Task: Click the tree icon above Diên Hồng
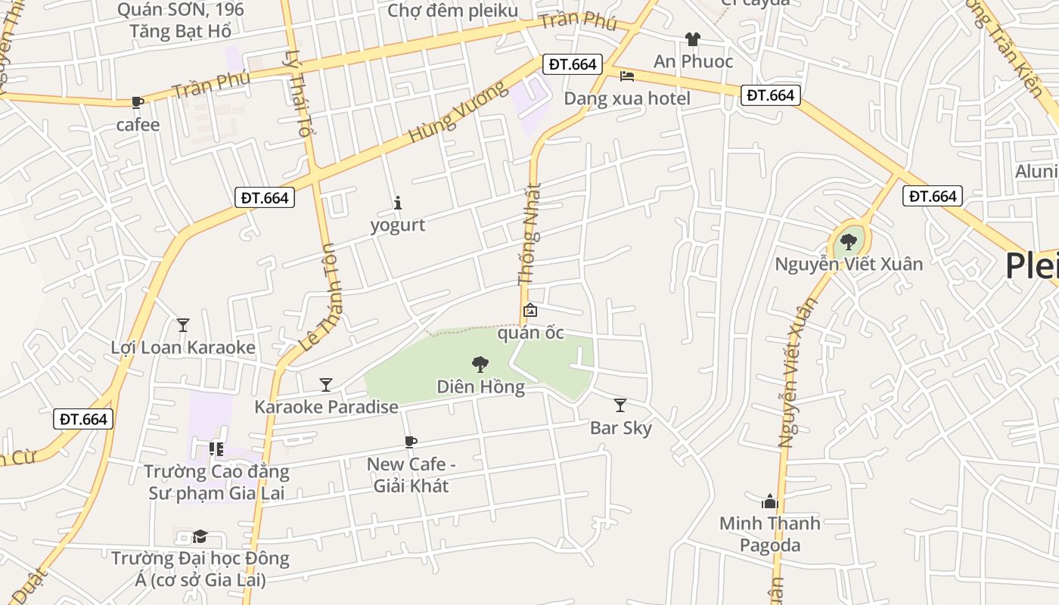[480, 365]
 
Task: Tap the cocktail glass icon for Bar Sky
[620, 405]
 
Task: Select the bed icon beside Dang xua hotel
[627, 76]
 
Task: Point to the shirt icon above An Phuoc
[692, 39]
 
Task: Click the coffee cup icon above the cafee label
[137, 102]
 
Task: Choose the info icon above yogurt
[398, 203]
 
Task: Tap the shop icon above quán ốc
[530, 310]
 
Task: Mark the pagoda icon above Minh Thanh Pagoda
[769, 501]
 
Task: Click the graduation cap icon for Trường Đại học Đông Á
[200, 536]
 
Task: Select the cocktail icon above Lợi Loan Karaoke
[182, 325]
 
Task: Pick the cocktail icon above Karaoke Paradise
[325, 385]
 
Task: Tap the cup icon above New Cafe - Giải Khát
[410, 442]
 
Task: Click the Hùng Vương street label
[458, 113]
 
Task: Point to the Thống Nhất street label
[530, 234]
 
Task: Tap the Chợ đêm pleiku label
[452, 11]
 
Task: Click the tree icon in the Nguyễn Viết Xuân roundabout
[849, 242]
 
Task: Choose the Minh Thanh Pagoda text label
[769, 534]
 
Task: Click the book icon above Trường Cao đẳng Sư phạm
[216, 449]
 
